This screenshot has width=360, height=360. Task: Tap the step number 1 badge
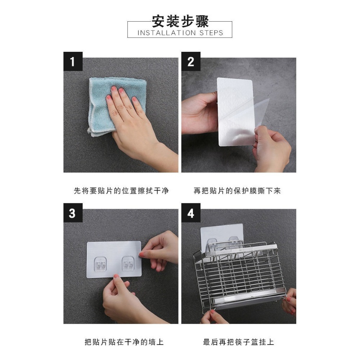point(73,61)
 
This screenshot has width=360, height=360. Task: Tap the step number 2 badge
point(191,61)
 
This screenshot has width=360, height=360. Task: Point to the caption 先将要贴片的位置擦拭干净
point(121,191)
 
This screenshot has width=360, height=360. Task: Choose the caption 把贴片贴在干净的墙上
point(121,342)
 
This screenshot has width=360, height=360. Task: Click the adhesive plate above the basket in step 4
point(221,234)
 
